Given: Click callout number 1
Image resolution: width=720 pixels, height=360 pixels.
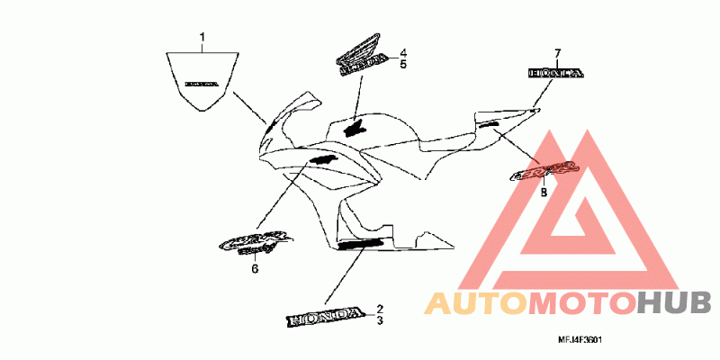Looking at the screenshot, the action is (202, 37).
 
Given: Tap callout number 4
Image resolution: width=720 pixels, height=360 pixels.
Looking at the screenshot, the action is (404, 52).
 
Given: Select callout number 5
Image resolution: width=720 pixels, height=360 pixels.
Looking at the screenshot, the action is (404, 65).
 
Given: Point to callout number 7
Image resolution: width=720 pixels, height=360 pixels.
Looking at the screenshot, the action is (557, 53).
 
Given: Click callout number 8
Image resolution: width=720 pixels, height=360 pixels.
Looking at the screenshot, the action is (544, 192).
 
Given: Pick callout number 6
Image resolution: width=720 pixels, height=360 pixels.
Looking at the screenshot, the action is (255, 268).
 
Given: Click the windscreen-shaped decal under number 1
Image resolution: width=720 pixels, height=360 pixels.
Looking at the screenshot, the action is (202, 81).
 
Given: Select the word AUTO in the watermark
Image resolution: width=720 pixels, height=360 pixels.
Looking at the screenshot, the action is (474, 304).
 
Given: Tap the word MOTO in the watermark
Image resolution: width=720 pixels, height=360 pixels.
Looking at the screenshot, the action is (580, 304).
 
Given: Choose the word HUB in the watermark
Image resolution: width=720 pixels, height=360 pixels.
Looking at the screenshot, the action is (674, 304).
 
